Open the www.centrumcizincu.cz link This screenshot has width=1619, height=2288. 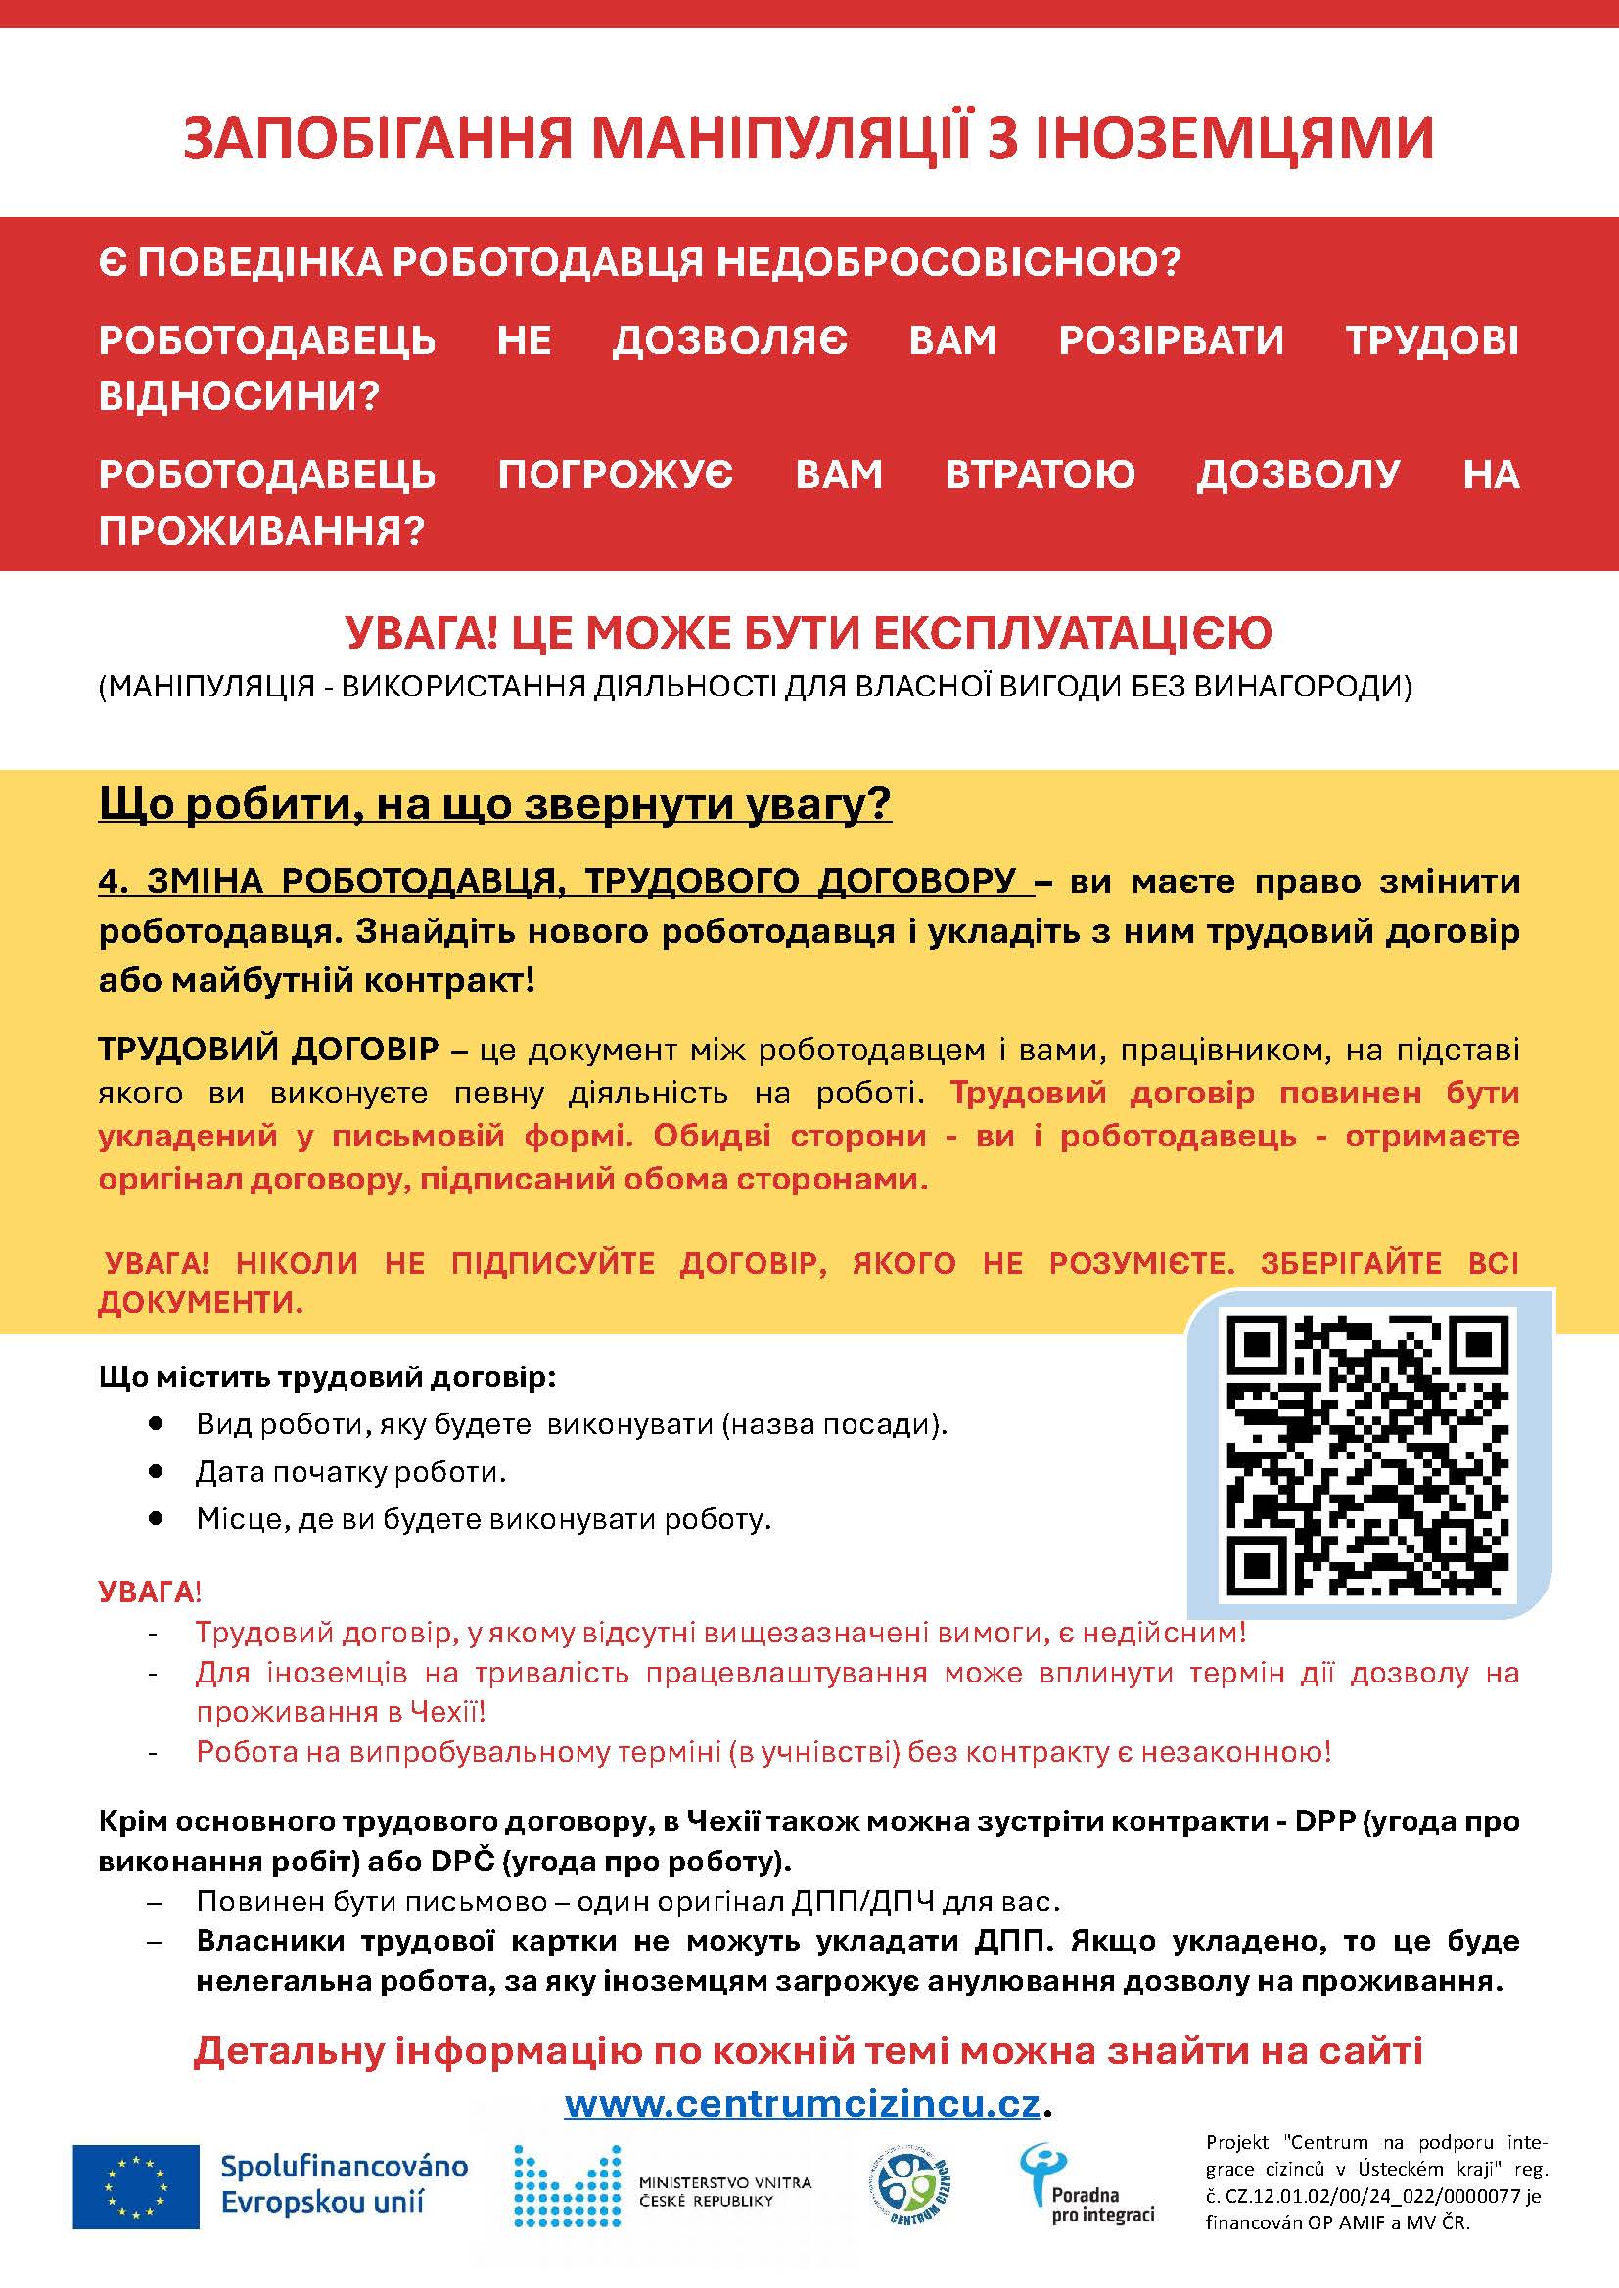pyautogui.click(x=803, y=2104)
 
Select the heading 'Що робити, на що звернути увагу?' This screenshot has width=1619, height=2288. pyautogui.click(x=494, y=804)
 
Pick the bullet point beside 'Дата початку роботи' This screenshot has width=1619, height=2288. pyautogui.click(x=155, y=1471)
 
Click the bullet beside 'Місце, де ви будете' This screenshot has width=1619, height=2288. pyautogui.click(x=155, y=1519)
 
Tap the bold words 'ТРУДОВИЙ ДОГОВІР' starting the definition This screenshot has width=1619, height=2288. pyautogui.click(x=267, y=1049)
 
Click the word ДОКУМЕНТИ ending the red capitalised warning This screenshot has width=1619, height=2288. pyautogui.click(x=200, y=1302)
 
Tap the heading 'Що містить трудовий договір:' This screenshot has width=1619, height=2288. pyautogui.click(x=327, y=1377)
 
